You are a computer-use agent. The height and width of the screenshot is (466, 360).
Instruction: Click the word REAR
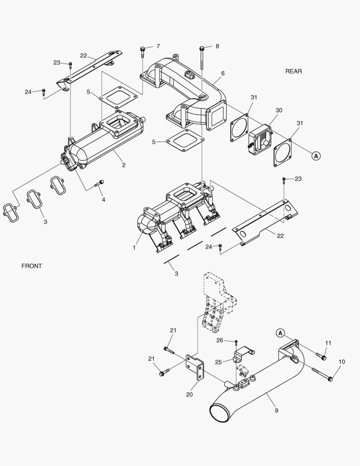[294, 71]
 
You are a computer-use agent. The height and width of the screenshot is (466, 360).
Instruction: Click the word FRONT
[32, 266]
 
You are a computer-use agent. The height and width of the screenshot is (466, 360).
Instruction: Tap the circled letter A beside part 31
[316, 155]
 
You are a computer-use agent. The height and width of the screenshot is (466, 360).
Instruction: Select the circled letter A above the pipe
[280, 333]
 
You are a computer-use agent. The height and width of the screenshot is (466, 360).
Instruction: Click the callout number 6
[223, 73]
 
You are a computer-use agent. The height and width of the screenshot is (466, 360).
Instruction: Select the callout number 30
[279, 110]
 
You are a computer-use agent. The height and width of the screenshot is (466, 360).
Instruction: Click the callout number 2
[123, 165]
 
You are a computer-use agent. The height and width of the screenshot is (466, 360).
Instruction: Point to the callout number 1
[134, 248]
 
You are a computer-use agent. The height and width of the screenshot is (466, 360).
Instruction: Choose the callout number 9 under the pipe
[276, 411]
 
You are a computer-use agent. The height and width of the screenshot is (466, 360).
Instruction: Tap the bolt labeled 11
[322, 356]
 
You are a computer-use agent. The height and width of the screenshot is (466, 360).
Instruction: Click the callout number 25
[219, 362]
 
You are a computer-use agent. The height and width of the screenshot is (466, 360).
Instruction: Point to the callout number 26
[219, 340]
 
